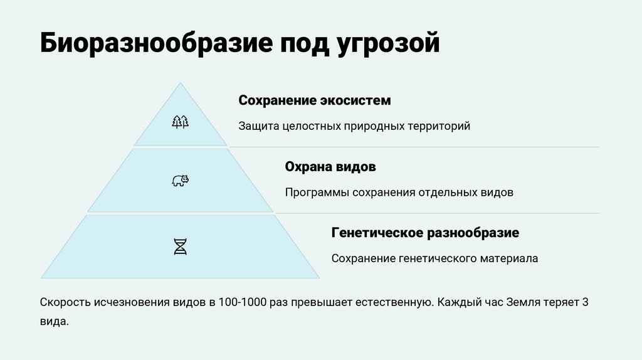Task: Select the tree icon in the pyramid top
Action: [x=180, y=122]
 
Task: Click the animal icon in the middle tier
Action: [x=180, y=181]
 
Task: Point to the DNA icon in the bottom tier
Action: [x=180, y=246]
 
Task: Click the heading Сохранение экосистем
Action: [x=314, y=100]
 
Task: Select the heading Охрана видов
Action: [x=330, y=167]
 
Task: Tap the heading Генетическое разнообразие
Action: [x=425, y=233]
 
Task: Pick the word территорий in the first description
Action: [x=439, y=126]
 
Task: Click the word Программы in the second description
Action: [x=315, y=193]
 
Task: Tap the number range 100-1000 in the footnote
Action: [x=245, y=302]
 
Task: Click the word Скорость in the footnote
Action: [x=65, y=302]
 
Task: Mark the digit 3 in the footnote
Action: [x=585, y=302]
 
